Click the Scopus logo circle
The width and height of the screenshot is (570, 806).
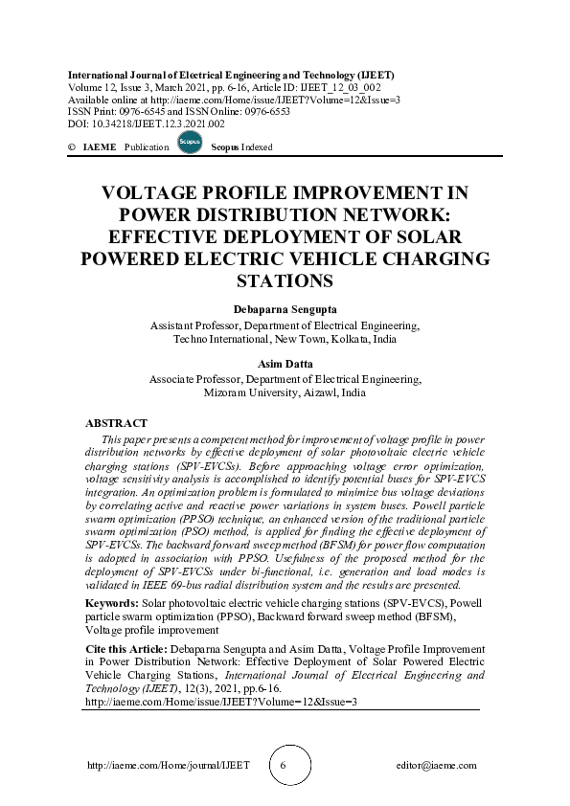click(x=190, y=144)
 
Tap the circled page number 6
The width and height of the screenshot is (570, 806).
click(x=284, y=766)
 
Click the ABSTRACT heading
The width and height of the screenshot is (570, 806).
click(x=116, y=422)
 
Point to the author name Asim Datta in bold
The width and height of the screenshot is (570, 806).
click(x=285, y=365)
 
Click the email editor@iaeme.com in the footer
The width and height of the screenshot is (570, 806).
click(x=436, y=766)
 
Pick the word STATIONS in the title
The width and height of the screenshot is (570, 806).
click(x=285, y=280)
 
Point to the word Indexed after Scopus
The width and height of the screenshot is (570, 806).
click(x=257, y=147)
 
